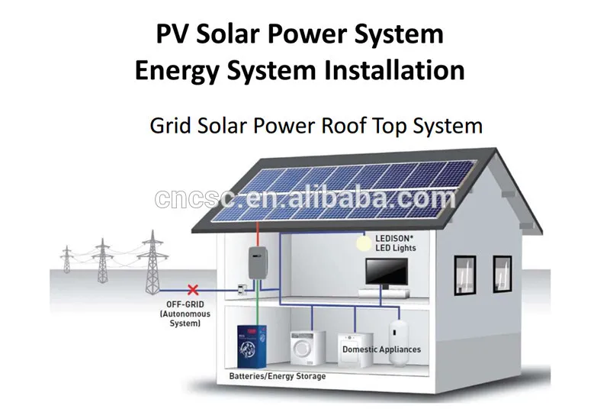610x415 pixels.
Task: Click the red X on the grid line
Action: [193, 290]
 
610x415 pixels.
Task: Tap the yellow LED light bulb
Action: [364, 243]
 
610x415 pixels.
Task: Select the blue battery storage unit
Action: [252, 347]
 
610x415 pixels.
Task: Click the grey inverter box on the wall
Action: [258, 262]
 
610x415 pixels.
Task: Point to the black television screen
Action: [387, 272]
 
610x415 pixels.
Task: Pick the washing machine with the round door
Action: [307, 348]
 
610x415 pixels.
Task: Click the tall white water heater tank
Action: [398, 342]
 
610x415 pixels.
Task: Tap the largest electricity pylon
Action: [152, 262]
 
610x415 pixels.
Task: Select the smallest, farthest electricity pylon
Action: [67, 259]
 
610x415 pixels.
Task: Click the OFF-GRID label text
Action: [185, 304]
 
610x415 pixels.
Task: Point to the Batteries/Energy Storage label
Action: [278, 376]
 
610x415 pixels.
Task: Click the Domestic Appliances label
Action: [382, 349]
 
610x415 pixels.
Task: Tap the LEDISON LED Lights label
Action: [395, 243]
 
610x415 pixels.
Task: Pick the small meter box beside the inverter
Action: [242, 289]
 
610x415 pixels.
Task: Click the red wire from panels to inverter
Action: [258, 234]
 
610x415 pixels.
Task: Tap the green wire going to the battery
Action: [257, 303]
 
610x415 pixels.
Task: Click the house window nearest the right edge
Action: [502, 274]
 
